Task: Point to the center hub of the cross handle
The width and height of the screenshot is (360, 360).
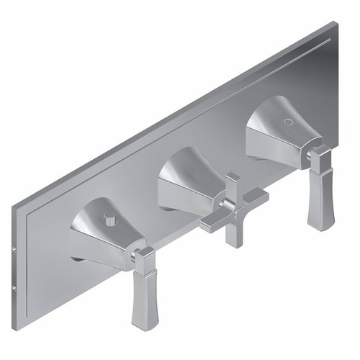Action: (233, 208)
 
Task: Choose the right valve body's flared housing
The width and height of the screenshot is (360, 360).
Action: (277, 130)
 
